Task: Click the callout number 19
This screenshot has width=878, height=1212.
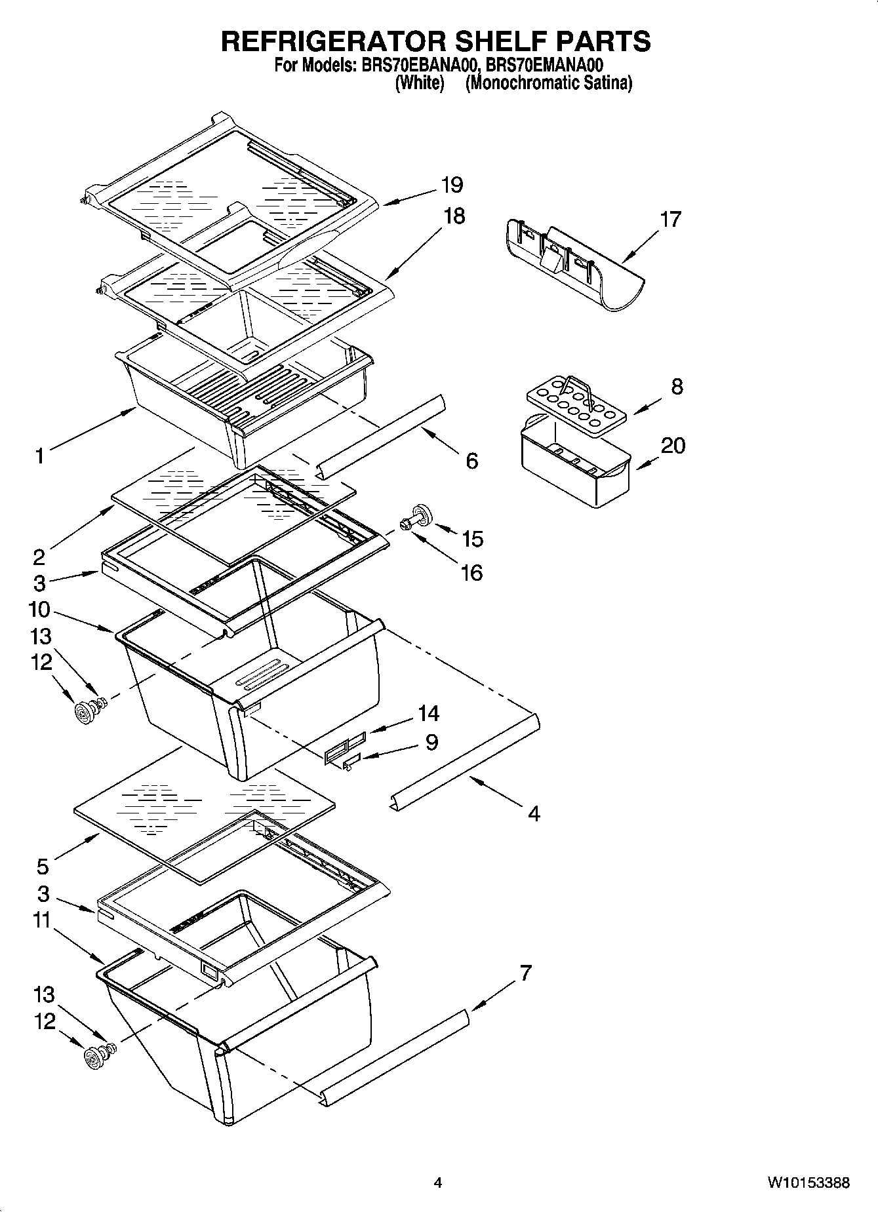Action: (x=452, y=185)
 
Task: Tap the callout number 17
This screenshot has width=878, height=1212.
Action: (x=670, y=219)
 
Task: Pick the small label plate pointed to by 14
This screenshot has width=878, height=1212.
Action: (x=344, y=747)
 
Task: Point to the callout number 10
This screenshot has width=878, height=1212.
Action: (x=39, y=610)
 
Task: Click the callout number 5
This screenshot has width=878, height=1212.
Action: (x=43, y=867)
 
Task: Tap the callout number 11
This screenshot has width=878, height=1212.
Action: (x=42, y=920)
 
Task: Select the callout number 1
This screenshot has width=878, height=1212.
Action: (x=40, y=455)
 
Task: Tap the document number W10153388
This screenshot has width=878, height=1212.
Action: (x=808, y=1183)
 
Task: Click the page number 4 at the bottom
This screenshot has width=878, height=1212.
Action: (x=438, y=1183)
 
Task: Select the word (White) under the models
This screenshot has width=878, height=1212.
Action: (x=420, y=83)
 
